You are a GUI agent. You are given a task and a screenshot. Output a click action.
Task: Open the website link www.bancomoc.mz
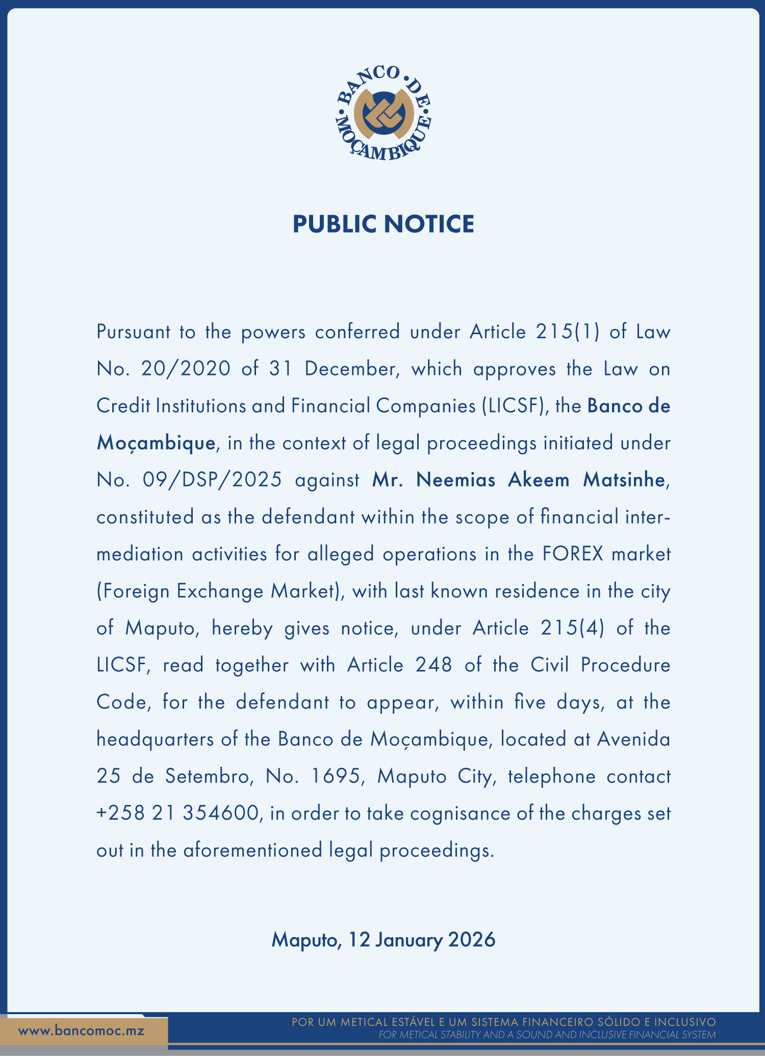(82, 1030)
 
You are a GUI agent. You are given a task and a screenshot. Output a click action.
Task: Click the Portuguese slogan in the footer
(504, 1022)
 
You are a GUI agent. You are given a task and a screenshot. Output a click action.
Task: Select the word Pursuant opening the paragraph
(134, 332)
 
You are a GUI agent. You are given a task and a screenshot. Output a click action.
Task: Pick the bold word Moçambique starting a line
(156, 443)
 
